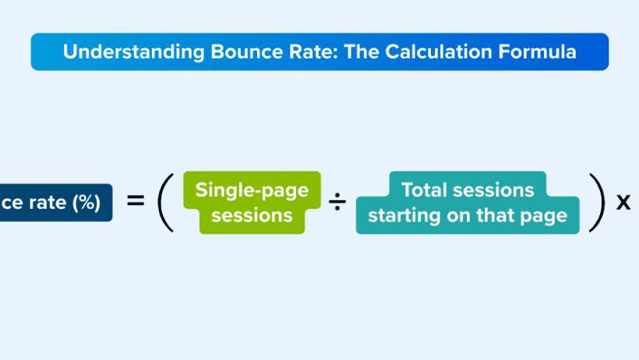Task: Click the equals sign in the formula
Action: [136, 202]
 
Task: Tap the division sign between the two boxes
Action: [337, 203]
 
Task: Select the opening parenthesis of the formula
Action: [164, 203]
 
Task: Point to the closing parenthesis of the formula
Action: [596, 203]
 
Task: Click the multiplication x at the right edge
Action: [623, 202]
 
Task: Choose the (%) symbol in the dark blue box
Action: [86, 203]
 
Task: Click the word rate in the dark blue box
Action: [48, 203]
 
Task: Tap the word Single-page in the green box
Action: [252, 190]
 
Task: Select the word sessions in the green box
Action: [252, 215]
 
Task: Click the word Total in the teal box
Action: [426, 190]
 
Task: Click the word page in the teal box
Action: [548, 216]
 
